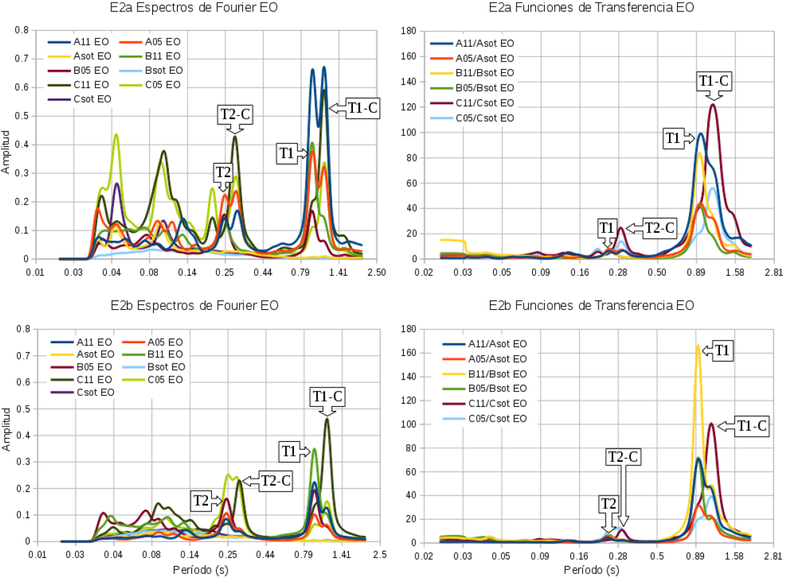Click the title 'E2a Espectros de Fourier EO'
194,9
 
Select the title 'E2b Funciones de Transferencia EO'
591,306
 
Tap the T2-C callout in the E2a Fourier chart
234,115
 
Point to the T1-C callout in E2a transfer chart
713,81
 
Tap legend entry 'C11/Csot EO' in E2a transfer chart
484,103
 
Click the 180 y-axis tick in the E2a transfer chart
411,31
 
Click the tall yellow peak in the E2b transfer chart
698,347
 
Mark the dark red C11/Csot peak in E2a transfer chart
713,105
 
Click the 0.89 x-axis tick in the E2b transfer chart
697,556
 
